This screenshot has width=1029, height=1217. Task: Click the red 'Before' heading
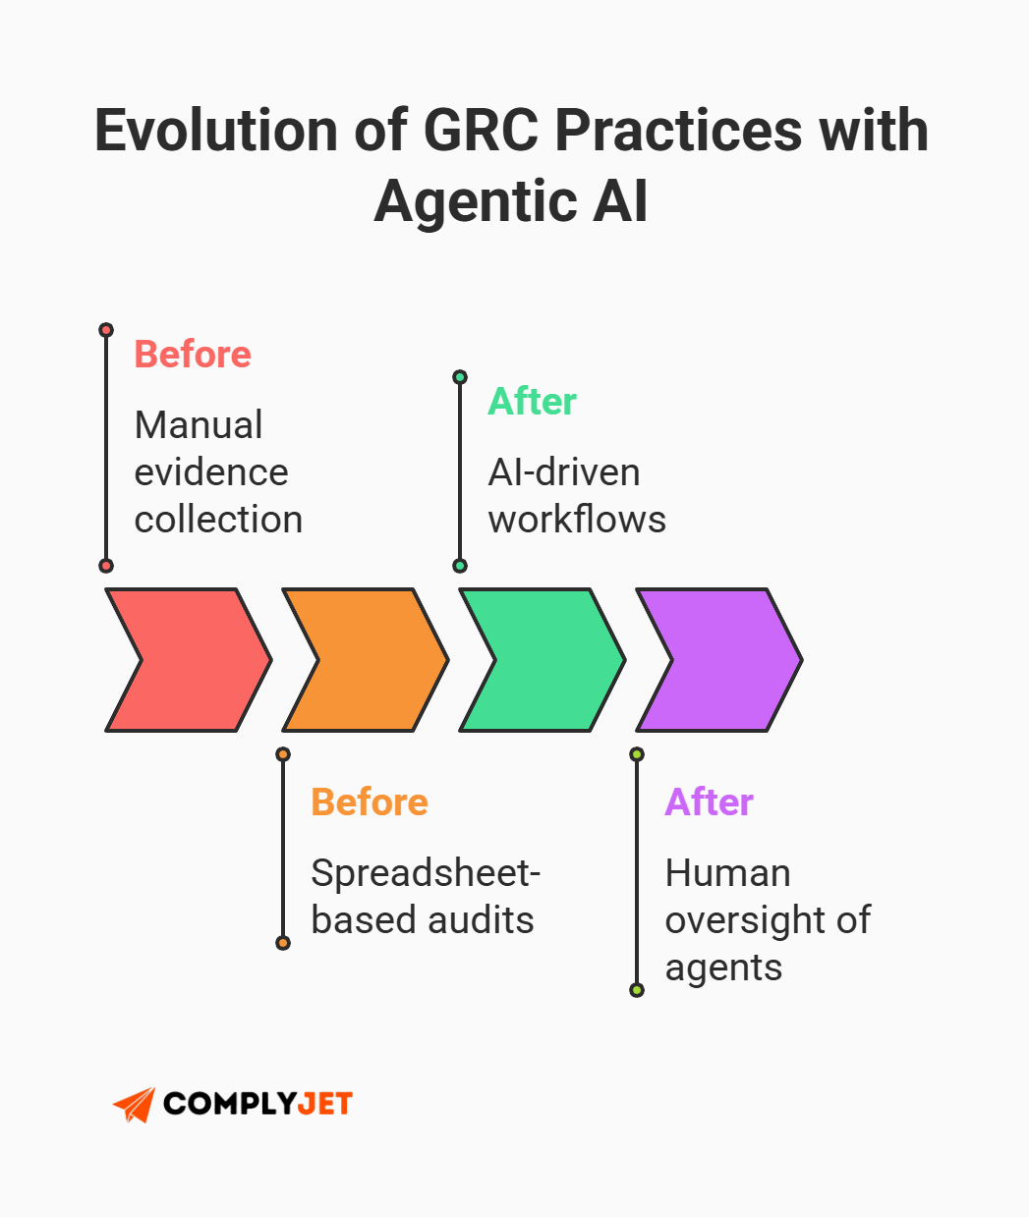point(193,355)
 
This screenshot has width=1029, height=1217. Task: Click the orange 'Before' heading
point(370,802)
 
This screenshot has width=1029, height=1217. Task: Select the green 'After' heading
point(532,402)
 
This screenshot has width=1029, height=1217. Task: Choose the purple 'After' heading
point(709,802)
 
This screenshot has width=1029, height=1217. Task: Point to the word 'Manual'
point(199,425)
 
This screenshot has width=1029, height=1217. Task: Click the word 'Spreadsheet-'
point(426,873)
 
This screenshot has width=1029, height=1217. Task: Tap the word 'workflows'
point(577,520)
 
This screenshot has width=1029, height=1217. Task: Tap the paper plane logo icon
point(135,1104)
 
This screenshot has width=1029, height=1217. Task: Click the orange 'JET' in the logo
point(322,1104)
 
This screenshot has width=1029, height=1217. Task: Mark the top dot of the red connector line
point(106,330)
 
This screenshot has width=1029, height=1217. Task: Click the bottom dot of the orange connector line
point(283,943)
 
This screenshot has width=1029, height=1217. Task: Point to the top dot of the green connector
point(460,377)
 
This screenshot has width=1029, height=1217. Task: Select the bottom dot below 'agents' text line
point(637,990)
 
